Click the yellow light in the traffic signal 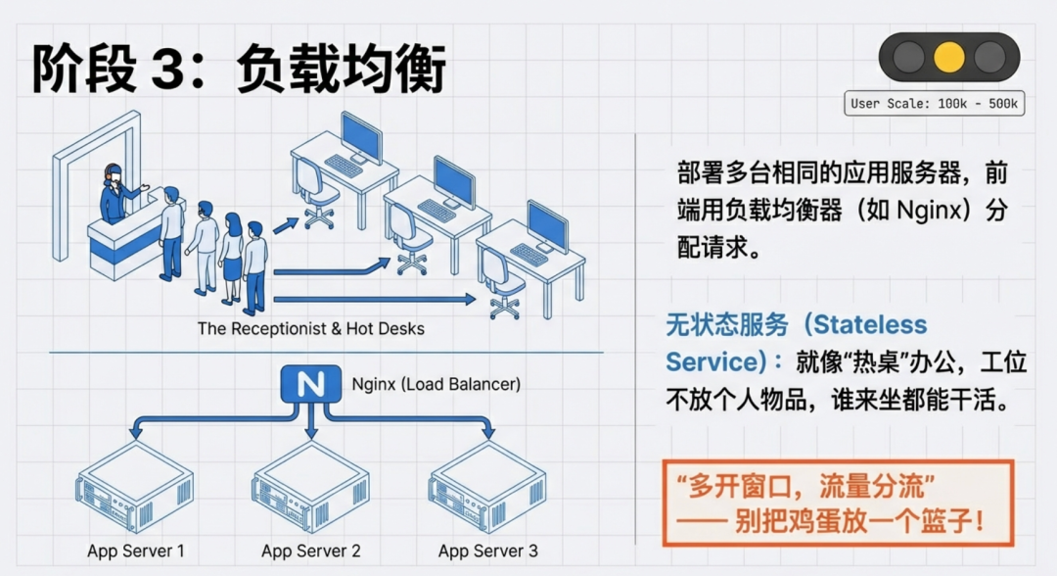tap(948, 57)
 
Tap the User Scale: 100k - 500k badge tap(935, 103)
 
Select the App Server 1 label tap(136, 551)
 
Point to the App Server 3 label tap(487, 551)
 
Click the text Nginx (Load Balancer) tap(437, 384)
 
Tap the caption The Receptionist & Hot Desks tap(311, 328)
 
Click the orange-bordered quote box tap(838, 503)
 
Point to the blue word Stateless tap(870, 324)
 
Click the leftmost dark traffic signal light tap(906, 57)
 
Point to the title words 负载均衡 tap(343, 70)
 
